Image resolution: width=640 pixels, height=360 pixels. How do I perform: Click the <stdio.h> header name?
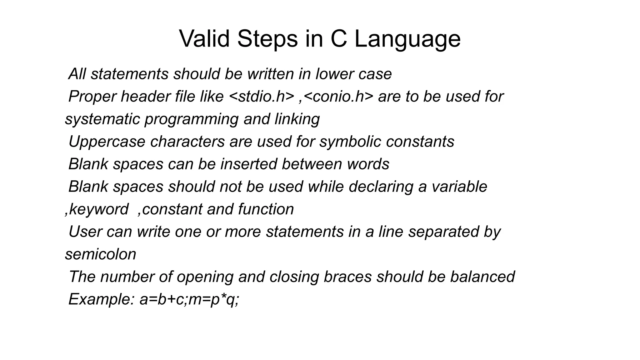(262, 96)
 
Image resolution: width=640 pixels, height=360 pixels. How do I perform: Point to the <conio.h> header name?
(338, 96)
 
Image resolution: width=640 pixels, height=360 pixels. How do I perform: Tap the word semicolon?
(101, 254)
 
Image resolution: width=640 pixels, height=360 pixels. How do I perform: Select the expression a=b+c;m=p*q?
(189, 299)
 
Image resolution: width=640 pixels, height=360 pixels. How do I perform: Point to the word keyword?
(98, 209)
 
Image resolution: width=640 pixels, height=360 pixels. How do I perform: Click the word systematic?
(102, 119)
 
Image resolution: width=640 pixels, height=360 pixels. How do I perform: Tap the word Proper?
(92, 96)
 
